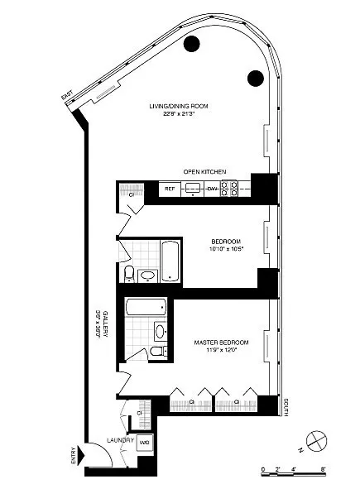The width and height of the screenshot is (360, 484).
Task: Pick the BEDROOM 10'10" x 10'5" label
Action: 224,242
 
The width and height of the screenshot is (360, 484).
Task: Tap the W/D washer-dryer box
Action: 144,442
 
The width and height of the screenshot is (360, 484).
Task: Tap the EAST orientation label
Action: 67,98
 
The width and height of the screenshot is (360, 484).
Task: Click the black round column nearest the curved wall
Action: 255,79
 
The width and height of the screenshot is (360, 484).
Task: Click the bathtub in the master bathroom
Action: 146,309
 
